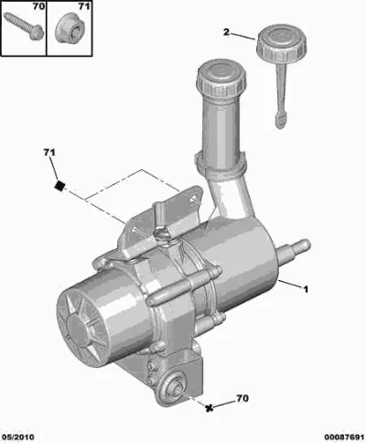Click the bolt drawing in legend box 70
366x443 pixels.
[24, 26]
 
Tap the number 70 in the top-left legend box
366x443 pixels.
[38, 6]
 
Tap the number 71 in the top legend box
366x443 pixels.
[83, 6]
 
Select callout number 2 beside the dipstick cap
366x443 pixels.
[226, 32]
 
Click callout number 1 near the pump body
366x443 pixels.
[306, 288]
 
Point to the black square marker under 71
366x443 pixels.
[59, 185]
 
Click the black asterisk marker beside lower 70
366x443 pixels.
[209, 408]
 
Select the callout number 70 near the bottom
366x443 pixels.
[242, 398]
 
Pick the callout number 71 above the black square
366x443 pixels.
[49, 152]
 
